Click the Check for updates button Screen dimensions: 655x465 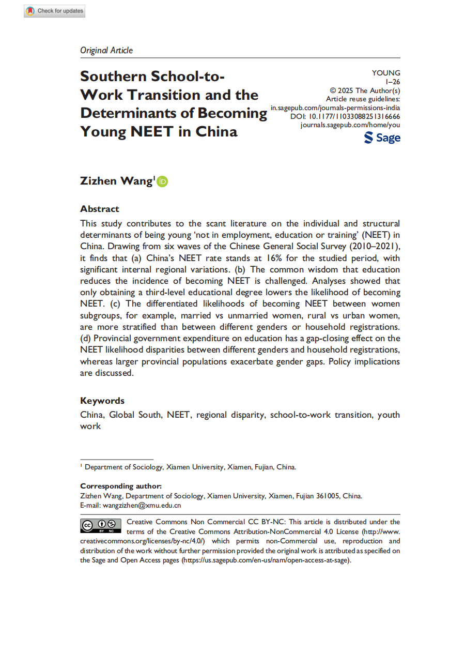tap(54, 11)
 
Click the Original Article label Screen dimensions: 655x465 tap(106, 50)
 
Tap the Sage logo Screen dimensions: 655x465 tap(382, 138)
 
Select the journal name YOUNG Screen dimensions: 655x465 tap(386, 73)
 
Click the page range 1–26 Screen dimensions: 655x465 tap(393, 82)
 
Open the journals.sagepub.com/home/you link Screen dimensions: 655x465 tap(350, 125)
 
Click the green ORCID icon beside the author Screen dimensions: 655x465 tap(162, 181)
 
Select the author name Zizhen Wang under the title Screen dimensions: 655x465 tap(116, 181)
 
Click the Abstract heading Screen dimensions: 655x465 tap(100, 209)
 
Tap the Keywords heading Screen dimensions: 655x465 tap(102, 401)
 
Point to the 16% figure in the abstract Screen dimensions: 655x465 tap(273, 258)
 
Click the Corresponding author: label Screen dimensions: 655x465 tap(121, 486)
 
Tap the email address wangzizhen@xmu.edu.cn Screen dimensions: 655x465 tap(142, 506)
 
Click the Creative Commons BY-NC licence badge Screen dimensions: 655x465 tap(101, 526)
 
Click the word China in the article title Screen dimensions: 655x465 tap(216, 131)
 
